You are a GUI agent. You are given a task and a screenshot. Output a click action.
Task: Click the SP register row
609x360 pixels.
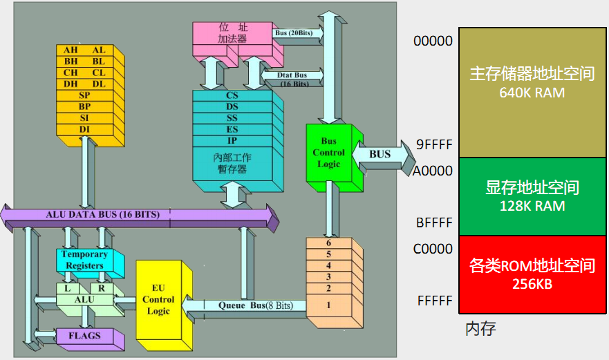(85, 95)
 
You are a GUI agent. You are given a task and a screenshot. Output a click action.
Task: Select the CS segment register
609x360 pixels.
(232, 95)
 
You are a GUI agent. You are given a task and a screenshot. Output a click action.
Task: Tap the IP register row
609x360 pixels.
(232, 140)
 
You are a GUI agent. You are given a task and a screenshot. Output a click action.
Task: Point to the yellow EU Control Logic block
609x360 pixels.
(158, 299)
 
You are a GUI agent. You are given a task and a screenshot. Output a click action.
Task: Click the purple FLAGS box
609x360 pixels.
(84, 336)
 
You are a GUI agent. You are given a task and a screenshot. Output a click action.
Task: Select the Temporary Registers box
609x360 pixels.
(84, 260)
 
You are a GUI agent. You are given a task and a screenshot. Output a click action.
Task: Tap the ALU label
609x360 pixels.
(84, 299)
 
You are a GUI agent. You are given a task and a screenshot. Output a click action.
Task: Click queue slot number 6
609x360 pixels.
(328, 243)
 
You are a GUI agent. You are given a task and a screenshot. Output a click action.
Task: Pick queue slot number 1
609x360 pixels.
(328, 305)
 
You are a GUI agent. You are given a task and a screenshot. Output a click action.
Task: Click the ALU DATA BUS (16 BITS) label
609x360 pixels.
(103, 214)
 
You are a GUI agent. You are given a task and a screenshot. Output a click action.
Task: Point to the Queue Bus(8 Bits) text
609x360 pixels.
(256, 305)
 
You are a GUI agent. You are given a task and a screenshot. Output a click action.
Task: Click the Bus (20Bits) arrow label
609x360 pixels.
(294, 33)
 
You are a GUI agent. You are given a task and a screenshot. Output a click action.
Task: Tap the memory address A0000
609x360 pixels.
(433, 171)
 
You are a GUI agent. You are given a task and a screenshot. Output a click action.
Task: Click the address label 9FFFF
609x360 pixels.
(434, 144)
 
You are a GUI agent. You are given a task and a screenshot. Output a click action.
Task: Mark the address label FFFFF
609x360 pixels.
(435, 301)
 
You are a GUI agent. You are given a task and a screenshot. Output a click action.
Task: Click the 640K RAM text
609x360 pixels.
(532, 93)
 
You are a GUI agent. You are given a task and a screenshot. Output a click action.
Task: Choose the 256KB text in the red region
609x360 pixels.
(532, 284)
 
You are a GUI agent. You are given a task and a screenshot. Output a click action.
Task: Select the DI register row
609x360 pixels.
(85, 129)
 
